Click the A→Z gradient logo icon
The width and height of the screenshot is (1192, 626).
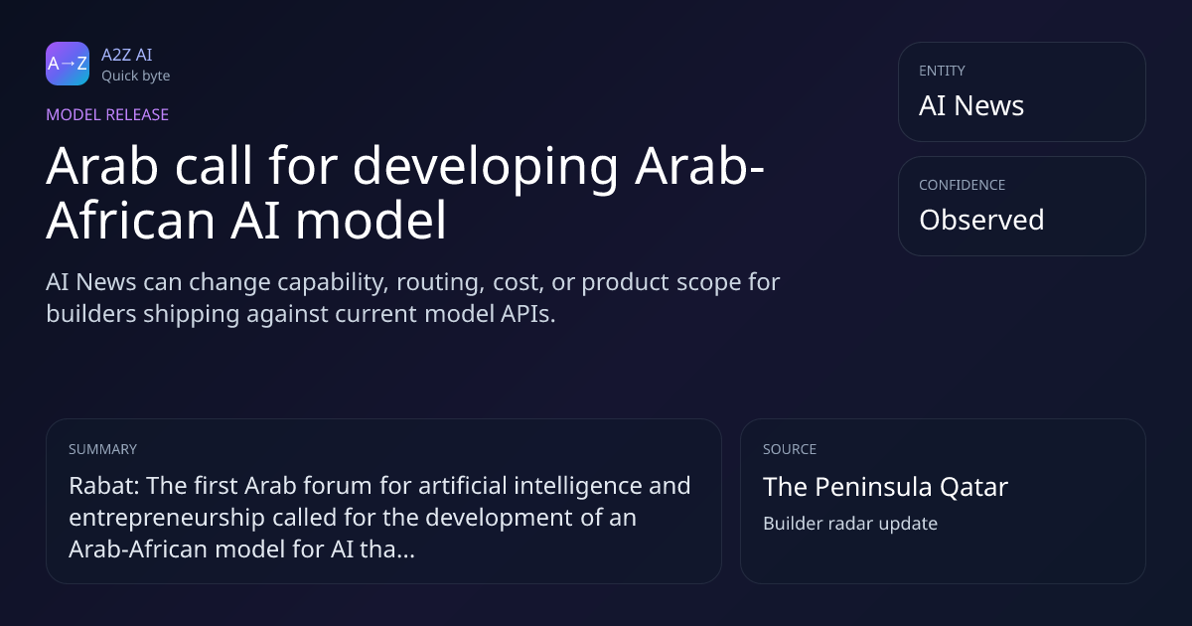68,64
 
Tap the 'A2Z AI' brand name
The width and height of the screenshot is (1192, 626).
127,55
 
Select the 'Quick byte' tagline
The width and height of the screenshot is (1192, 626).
136,77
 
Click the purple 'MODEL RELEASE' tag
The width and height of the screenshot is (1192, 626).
107,114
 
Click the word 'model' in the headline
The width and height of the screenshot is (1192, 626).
371,221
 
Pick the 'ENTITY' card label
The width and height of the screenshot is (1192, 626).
942,71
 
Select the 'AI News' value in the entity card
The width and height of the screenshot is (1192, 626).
971,105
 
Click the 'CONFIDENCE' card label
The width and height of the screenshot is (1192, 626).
963,185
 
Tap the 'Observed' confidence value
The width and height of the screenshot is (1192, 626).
981,220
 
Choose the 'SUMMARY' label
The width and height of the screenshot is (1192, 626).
102,449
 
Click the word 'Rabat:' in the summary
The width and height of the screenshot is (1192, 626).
104,486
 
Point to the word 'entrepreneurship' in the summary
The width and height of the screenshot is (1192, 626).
167,518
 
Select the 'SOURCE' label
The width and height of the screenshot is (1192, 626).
790,449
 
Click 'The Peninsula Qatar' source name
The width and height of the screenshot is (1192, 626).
885,487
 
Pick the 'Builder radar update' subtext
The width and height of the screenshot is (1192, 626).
850,524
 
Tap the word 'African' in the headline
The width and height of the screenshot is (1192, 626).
130,221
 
